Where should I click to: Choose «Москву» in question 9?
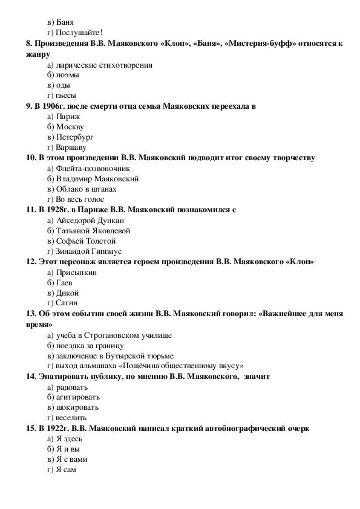coord(70,127)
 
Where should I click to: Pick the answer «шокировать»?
coord(76,407)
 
